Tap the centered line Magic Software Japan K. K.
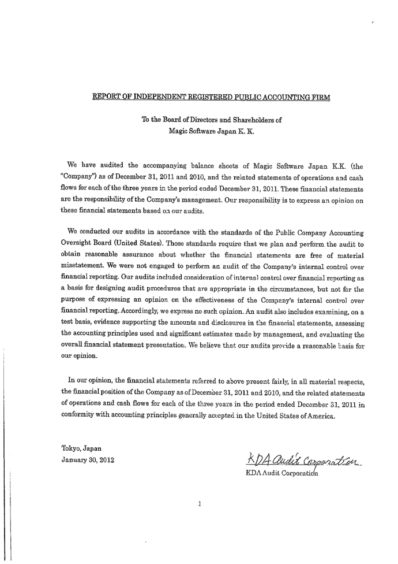(x=211, y=131)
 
